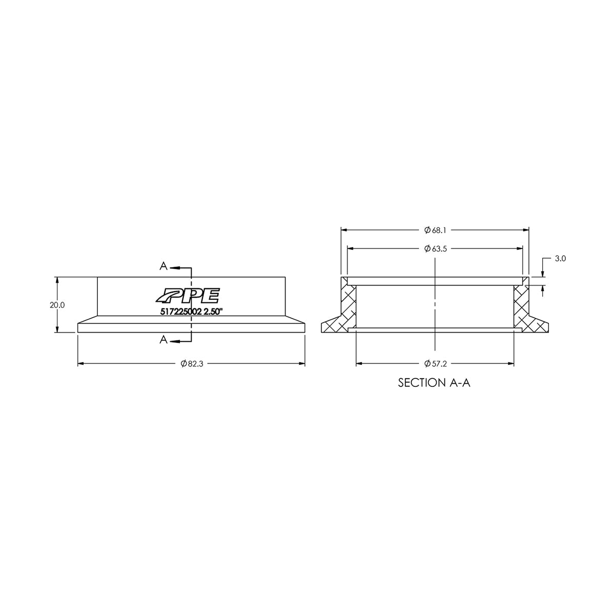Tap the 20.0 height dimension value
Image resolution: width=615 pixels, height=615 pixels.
(57, 305)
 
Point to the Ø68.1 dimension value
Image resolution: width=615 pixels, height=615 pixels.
(435, 230)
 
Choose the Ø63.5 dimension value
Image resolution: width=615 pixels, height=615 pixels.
(435, 249)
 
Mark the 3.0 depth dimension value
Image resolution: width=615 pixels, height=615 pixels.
(560, 259)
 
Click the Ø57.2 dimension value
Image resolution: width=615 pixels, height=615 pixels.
(435, 364)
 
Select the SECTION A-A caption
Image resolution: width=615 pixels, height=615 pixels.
(434, 383)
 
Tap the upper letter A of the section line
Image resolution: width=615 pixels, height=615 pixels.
(163, 266)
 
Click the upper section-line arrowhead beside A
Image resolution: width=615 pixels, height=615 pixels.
(173, 268)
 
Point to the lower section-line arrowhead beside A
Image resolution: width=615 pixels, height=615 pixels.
(173, 340)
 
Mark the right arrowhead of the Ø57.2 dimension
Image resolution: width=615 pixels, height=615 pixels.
(510, 364)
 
